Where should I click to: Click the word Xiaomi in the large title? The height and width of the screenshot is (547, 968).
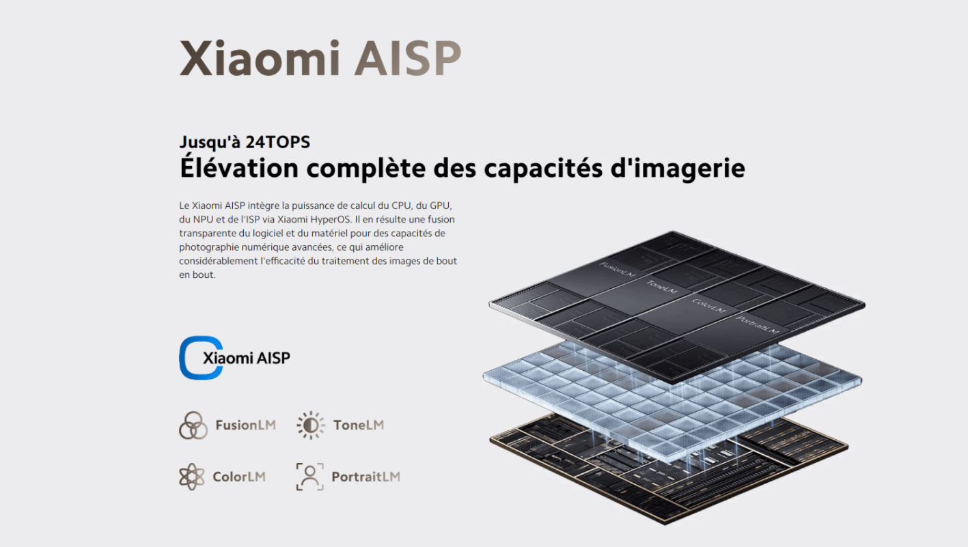260,58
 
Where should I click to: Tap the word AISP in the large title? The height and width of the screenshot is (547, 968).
408,58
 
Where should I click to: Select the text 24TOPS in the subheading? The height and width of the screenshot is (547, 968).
277,142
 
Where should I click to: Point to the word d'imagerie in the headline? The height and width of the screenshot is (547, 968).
678,169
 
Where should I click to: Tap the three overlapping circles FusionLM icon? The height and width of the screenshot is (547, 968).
193,425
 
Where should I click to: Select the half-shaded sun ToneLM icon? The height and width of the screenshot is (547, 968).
310,425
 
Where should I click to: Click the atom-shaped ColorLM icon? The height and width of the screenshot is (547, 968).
191,477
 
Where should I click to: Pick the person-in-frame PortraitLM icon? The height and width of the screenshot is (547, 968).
310,477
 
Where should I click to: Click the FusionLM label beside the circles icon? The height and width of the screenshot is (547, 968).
245,425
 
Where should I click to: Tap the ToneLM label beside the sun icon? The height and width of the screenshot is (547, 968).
358,425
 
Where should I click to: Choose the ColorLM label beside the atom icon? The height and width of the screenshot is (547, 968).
239,477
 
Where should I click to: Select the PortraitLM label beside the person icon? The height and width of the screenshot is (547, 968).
365,477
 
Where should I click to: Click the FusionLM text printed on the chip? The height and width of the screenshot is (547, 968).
617,270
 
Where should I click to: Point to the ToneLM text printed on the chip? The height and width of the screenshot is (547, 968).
661,286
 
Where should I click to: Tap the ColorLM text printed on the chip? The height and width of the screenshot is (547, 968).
708,306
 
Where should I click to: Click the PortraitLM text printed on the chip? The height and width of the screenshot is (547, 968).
757,325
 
